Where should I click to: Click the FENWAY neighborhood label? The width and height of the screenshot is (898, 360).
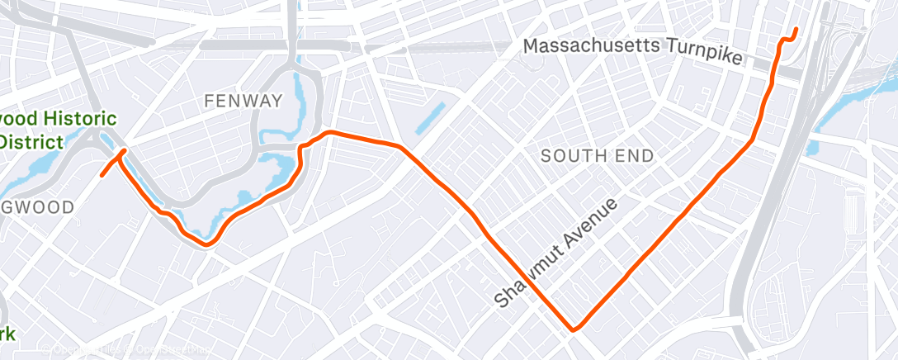coord(243,101)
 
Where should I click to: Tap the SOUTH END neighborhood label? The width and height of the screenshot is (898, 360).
coord(597,155)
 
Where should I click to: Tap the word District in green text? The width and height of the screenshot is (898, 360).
coord(32,142)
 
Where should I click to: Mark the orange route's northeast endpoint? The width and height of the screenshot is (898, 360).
coord(796,30)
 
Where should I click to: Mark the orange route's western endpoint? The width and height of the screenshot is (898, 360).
coord(102,175)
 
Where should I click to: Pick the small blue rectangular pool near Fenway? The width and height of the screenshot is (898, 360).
coord(430,119)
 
